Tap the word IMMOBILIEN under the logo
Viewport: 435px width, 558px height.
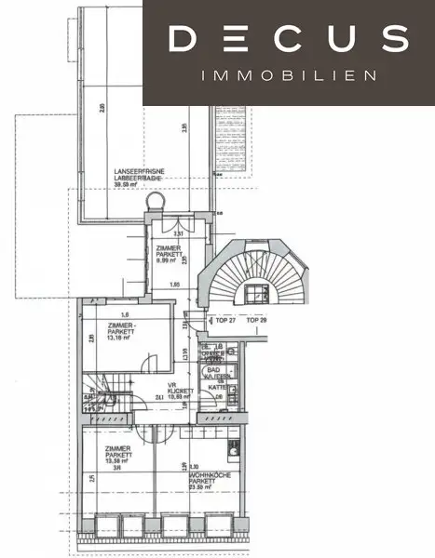point(290,75)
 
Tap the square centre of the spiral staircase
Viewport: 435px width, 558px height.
point(253,297)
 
